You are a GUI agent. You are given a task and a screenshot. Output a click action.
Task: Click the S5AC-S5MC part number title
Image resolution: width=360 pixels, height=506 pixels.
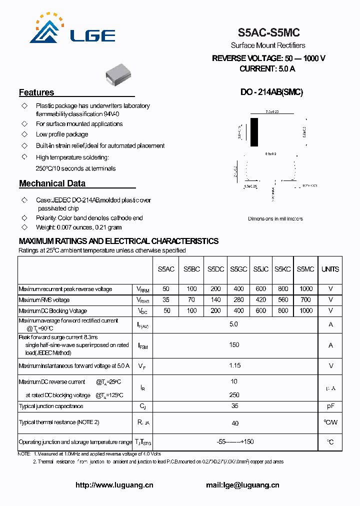pos(268,33)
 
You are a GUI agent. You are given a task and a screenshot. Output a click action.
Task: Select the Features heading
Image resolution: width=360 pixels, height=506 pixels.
pos(36,92)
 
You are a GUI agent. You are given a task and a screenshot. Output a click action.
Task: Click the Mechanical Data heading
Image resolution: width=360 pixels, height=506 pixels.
pos(52,183)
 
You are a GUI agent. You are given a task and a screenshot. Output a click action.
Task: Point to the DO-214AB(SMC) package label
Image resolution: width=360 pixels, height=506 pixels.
pos(271,92)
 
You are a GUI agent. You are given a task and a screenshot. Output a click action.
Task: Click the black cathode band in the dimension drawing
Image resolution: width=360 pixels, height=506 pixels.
pos(254,132)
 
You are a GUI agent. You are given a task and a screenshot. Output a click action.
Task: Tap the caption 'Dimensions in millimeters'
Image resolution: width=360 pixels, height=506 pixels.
pos(275,218)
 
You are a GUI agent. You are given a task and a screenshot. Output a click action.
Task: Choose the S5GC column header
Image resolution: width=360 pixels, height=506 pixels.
pos(238,269)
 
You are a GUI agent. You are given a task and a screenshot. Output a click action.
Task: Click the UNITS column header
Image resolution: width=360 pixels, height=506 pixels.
pos(330,269)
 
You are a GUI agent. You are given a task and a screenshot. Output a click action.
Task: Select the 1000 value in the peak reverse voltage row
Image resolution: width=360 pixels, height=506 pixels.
pos(305,289)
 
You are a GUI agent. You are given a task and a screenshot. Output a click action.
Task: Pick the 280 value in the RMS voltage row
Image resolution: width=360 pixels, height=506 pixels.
pos(238,300)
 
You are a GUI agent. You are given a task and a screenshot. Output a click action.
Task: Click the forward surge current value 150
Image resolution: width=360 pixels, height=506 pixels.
pos(234,344)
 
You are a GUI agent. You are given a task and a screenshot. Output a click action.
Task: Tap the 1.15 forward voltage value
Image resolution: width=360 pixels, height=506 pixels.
pos(234,365)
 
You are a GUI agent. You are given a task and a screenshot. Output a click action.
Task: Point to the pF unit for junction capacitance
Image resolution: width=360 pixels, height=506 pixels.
pos(330,406)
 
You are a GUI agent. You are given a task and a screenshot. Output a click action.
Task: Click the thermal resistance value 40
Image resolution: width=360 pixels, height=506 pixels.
pos(235,423)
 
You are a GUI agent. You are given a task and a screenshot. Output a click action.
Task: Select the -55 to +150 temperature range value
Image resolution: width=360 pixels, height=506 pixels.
pos(235,442)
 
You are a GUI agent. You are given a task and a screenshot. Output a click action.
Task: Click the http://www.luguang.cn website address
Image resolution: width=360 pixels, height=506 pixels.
pos(114,485)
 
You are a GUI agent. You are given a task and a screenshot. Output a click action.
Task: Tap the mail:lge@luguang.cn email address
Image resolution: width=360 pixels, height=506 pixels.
pos(242,485)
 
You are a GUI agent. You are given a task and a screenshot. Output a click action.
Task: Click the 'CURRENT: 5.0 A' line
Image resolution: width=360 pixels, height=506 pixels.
pos(267,68)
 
